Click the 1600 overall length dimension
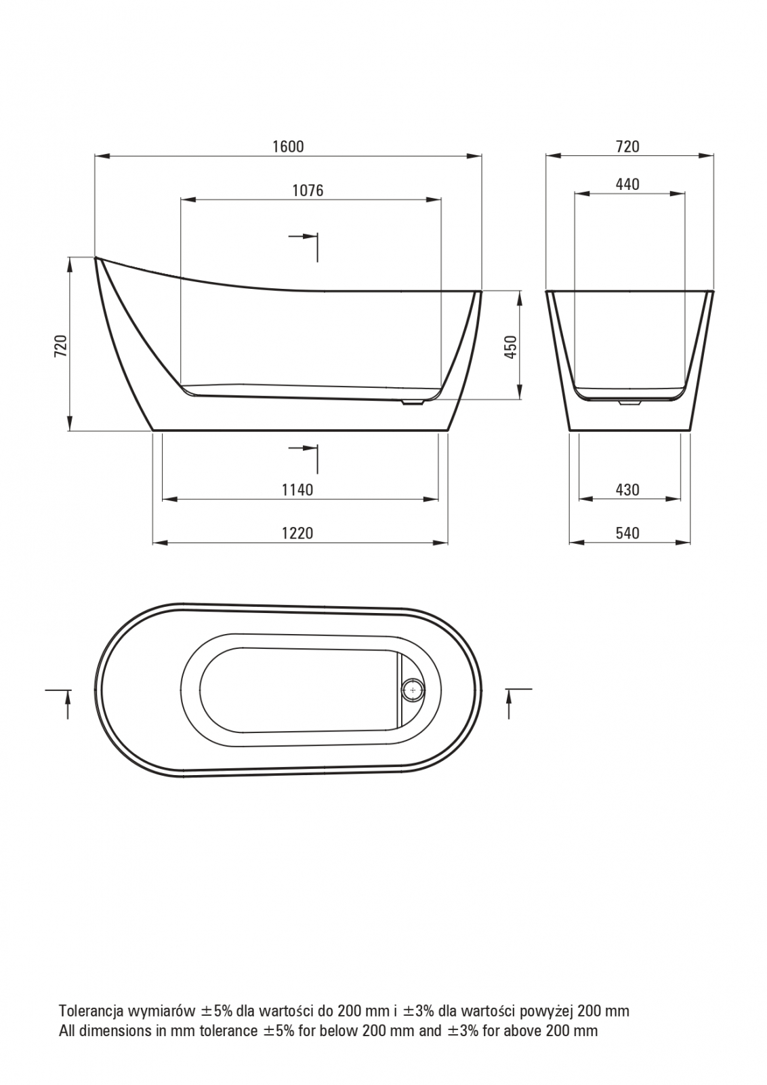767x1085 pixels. click(288, 146)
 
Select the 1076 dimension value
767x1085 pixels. click(308, 191)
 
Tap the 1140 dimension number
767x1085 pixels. click(297, 490)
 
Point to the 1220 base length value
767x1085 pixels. click(297, 533)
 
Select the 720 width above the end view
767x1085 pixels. click(627, 146)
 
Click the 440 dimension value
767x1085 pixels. click(627, 184)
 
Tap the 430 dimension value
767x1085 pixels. click(627, 490)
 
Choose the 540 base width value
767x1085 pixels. click(627, 533)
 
